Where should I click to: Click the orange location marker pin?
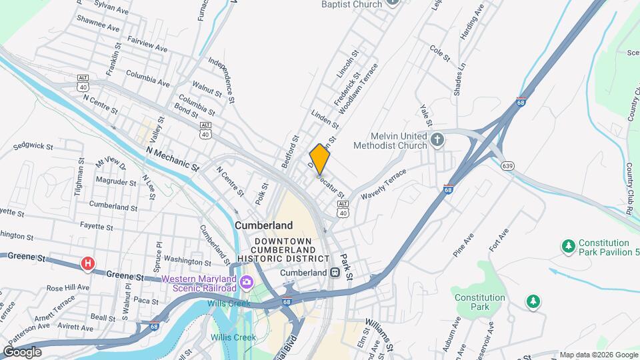320,159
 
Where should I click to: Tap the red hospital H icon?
87,264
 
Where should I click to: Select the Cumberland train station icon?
335,273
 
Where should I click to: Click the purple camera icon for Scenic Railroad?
247,283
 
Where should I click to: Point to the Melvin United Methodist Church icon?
437,140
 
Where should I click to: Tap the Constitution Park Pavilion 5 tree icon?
569,247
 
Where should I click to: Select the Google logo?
22,351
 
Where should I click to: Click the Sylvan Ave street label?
112,11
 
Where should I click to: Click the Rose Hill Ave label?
68,288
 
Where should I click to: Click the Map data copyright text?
598,355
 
